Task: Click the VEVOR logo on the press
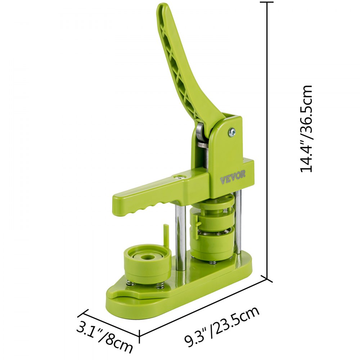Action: pos(233,177)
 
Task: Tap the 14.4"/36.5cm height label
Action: pos(306,129)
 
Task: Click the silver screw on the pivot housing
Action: pos(232,132)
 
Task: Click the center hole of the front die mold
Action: pos(145,257)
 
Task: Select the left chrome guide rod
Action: pos(181,237)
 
